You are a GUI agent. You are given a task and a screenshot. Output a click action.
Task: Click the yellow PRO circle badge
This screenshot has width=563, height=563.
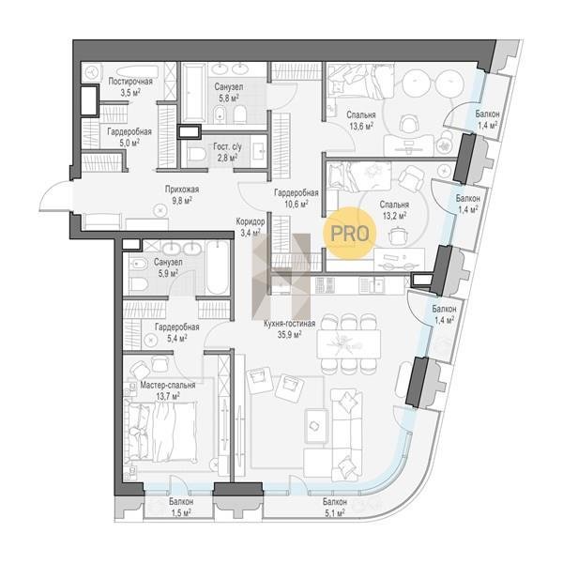349,234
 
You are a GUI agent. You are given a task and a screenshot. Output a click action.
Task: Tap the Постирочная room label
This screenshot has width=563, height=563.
130,82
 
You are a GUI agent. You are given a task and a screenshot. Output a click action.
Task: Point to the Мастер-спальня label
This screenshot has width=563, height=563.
168,386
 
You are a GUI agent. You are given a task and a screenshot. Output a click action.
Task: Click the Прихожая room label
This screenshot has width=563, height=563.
182,190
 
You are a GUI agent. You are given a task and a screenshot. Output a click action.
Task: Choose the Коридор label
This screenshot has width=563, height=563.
251,221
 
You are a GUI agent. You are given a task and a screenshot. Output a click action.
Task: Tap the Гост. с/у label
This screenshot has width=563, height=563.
228,146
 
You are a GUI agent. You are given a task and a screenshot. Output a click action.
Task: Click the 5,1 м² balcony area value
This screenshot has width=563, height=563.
335,512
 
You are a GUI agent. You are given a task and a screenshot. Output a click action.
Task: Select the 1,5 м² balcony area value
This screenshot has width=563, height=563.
180,511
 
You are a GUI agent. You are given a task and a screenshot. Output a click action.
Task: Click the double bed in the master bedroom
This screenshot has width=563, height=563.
161,432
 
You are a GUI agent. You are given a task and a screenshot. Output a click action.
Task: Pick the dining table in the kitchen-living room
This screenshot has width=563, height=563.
348,344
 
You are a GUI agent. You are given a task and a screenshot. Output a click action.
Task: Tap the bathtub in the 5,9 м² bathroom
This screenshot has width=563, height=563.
218,268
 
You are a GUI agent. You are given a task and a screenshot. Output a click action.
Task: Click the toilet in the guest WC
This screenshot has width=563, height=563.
195,155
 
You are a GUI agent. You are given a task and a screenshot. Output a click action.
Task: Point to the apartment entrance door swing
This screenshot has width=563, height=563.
54,197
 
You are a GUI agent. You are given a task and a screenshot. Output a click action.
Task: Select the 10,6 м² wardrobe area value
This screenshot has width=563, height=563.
297,205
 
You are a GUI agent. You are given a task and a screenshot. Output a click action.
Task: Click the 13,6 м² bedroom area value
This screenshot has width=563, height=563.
361,126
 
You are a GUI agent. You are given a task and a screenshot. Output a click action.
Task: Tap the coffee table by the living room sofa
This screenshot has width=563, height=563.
316,426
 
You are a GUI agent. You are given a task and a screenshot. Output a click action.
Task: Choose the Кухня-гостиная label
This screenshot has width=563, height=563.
289,324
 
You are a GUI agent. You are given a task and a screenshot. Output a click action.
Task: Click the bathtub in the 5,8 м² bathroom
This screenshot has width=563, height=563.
194,93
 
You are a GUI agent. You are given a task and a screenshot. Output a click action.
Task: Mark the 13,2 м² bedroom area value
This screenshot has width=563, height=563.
394,216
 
